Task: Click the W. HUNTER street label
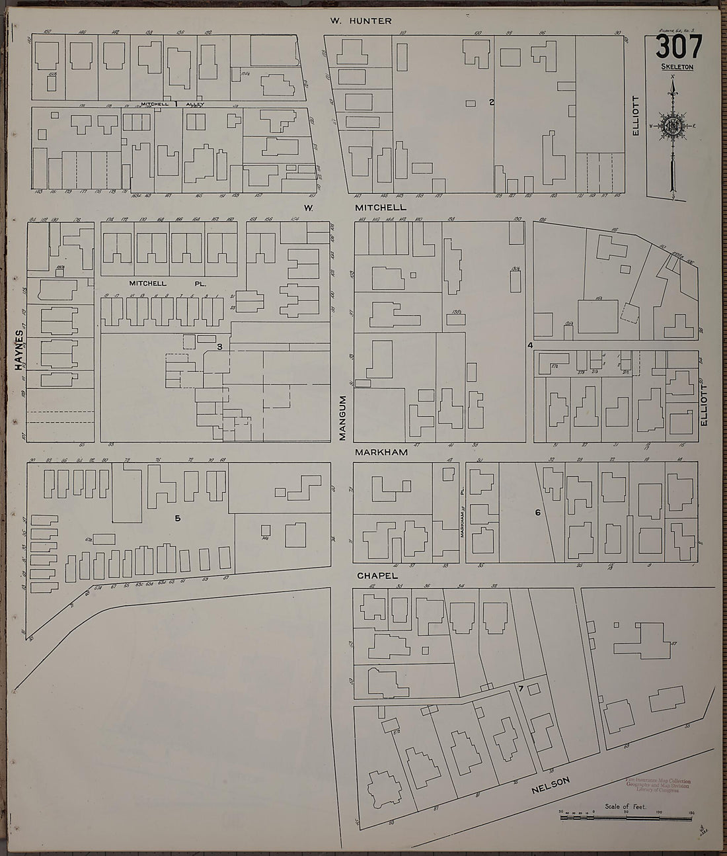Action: coord(362,21)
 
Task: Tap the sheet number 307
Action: coord(678,48)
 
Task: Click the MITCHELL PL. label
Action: coord(169,283)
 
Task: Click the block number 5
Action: coord(178,518)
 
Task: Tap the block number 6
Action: coord(537,512)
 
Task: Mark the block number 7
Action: coord(521,690)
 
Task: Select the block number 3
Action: coord(219,345)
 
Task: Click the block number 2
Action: coord(491,102)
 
